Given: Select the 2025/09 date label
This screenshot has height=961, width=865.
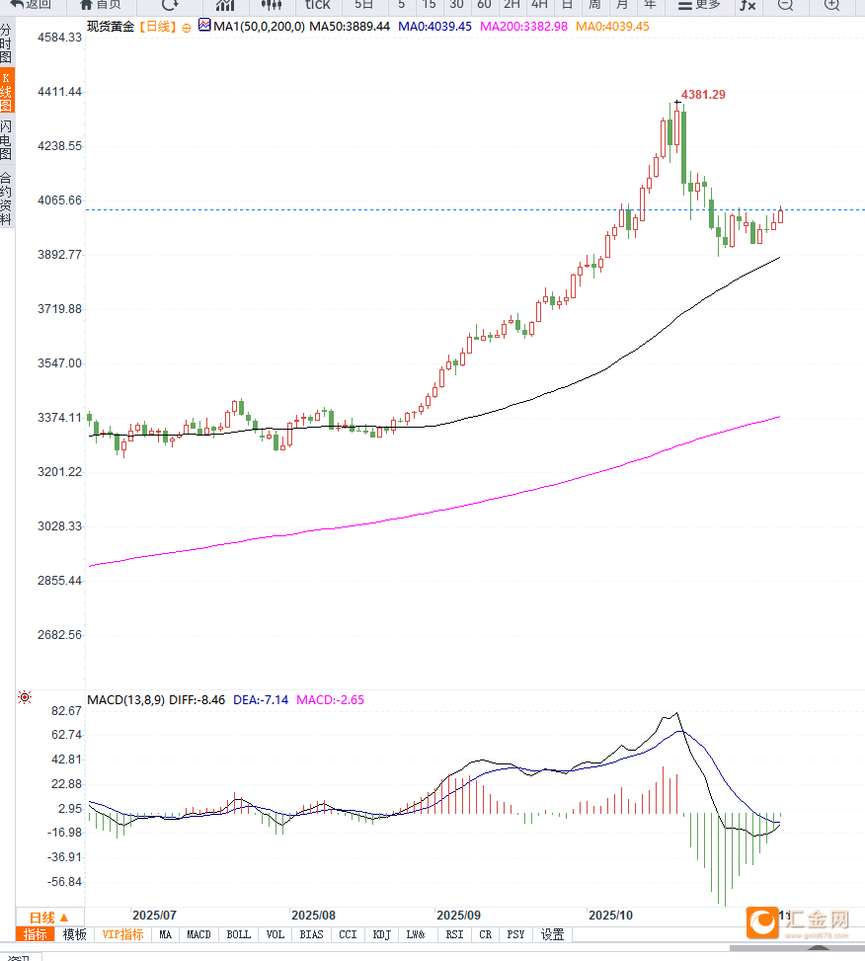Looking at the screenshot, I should click(x=458, y=915).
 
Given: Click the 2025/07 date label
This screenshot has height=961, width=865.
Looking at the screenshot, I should click(x=154, y=915).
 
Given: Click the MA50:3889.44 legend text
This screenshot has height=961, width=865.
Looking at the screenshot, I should click(x=350, y=26).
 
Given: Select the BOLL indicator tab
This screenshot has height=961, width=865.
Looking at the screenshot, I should click(x=238, y=934).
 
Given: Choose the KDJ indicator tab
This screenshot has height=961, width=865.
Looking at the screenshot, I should click(x=382, y=934).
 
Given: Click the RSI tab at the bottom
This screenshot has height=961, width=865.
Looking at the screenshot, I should click(x=454, y=934).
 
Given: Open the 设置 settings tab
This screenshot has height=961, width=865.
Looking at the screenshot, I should click(x=552, y=934).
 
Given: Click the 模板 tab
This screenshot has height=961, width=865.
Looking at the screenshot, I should click(x=75, y=934).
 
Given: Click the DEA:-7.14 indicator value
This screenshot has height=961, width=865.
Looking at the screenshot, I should click(x=261, y=700).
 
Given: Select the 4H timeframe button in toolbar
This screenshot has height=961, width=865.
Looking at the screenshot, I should click(x=539, y=5).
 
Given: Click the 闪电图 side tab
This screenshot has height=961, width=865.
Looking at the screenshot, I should click(x=7, y=140).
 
